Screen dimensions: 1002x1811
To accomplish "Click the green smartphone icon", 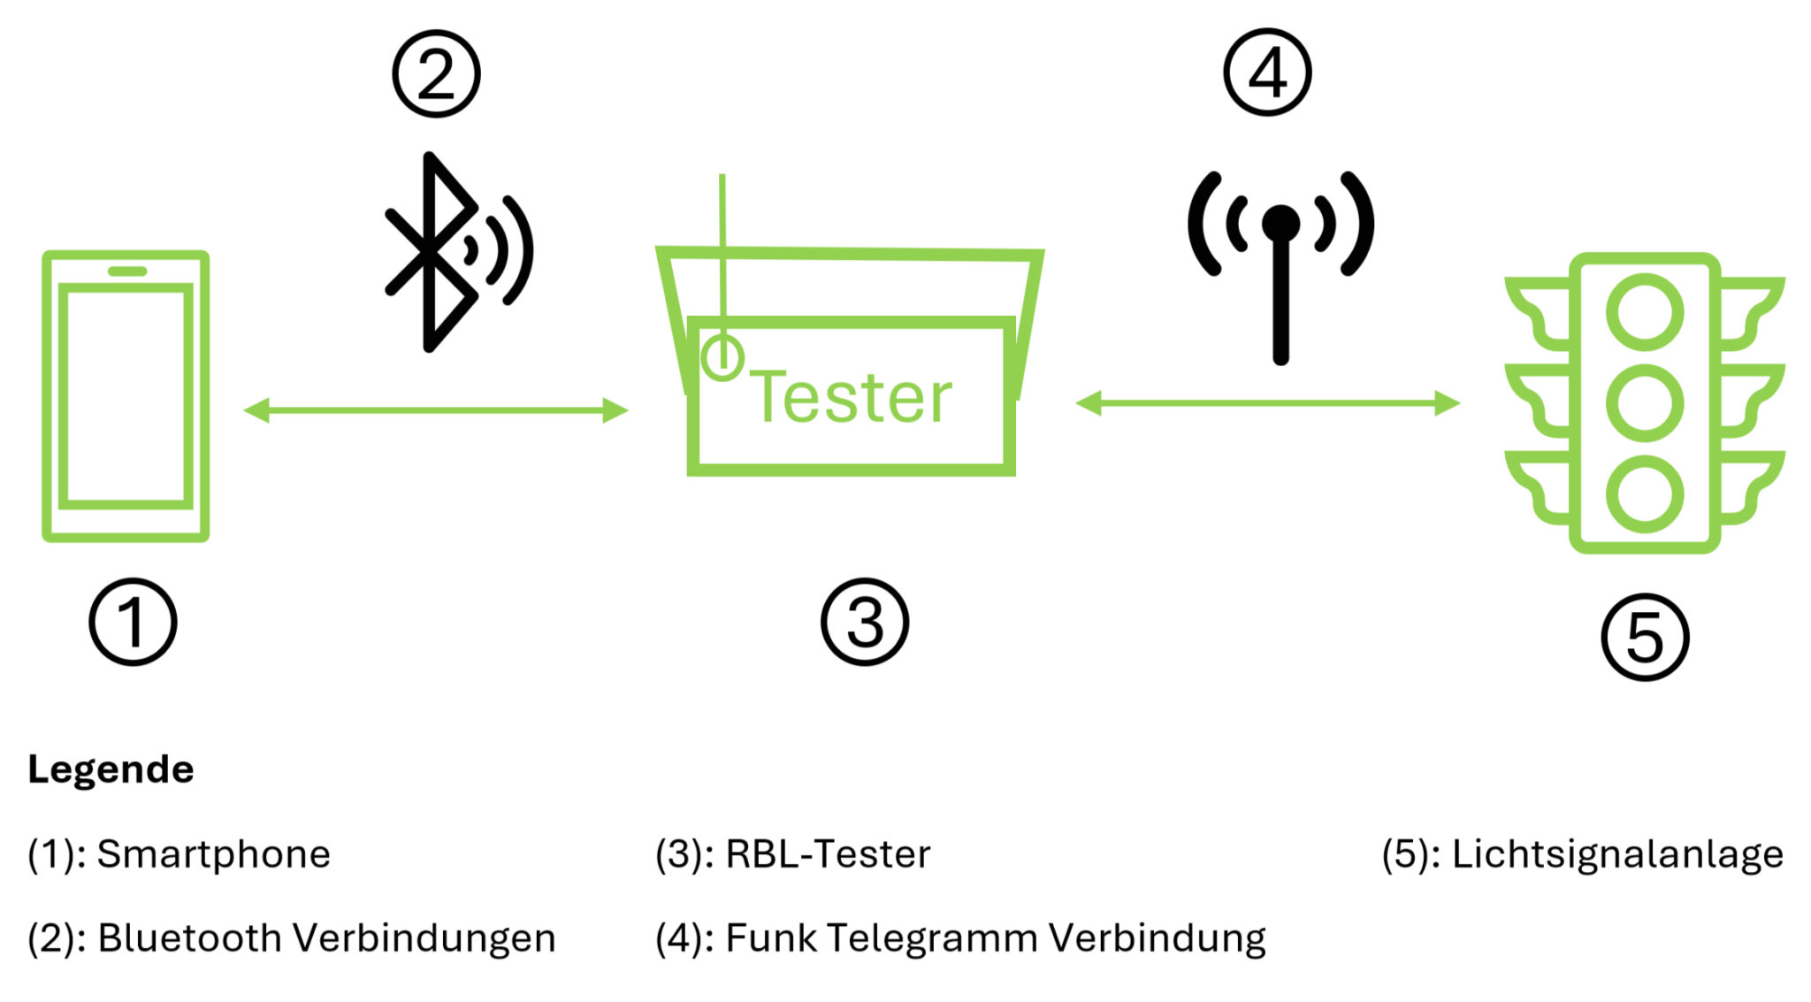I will [x=126, y=395].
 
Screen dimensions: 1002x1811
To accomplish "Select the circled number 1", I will [x=133, y=622].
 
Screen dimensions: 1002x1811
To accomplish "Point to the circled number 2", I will [x=436, y=74].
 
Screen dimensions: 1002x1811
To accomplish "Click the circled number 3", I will [x=865, y=622].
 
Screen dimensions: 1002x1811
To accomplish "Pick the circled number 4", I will [x=1267, y=73].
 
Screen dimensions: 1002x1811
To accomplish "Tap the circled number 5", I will [x=1645, y=637].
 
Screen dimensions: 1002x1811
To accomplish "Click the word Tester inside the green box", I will [x=852, y=398].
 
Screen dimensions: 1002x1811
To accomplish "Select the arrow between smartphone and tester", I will [x=435, y=410].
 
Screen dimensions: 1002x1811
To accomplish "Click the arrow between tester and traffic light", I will [x=1267, y=403].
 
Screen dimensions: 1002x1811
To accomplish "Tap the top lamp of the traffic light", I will [x=1645, y=313].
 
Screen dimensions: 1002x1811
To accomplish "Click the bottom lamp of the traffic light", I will [x=1645, y=493].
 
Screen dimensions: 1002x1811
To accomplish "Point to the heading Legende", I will [x=111, y=769].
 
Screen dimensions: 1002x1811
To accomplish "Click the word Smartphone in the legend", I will [x=213, y=854].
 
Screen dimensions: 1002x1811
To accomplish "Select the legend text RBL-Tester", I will [x=828, y=854].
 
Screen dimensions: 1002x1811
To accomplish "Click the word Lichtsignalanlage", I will [x=1617, y=854].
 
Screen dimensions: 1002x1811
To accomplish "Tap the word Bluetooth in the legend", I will [x=189, y=938].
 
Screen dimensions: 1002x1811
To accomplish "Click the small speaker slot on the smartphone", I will [x=127, y=272].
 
